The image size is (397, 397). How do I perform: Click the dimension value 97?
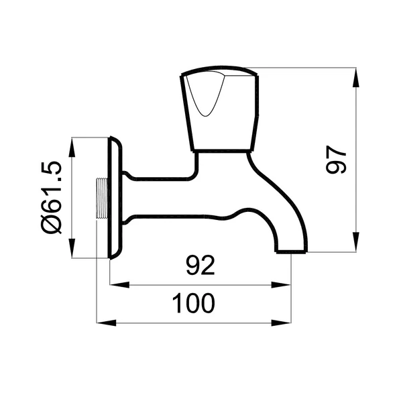coord(336,160)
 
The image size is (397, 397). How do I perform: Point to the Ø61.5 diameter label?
coord(51,197)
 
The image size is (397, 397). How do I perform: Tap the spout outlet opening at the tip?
coord(292,251)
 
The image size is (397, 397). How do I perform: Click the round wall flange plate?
coord(115,197)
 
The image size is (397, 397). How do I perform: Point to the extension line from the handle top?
coord(302,68)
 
